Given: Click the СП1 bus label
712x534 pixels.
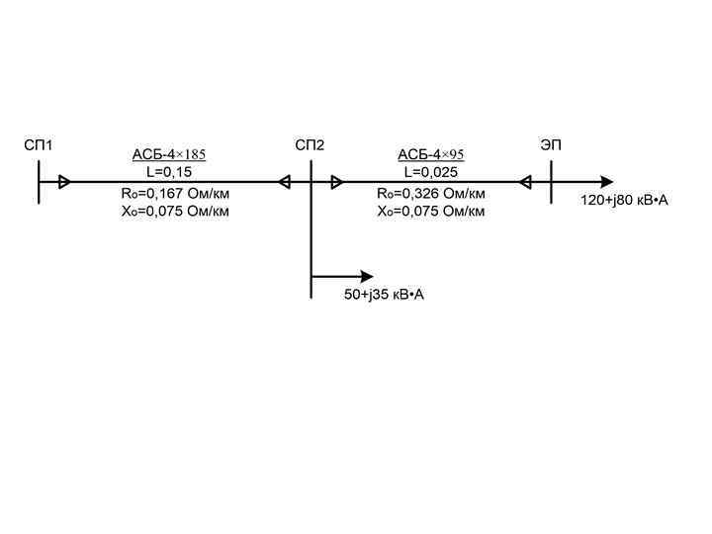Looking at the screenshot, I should [38, 146].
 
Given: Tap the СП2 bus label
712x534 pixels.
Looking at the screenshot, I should [310, 146].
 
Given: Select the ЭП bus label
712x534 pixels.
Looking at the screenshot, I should [551, 146].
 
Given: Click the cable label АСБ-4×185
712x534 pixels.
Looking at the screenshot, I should [169, 155].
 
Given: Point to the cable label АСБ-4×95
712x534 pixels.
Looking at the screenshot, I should [431, 155].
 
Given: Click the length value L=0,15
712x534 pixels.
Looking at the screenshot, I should [169, 172].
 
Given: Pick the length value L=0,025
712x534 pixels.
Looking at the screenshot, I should [431, 172].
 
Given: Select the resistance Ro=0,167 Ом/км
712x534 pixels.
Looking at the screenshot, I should [175, 194].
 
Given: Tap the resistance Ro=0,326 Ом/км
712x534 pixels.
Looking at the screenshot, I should [431, 194].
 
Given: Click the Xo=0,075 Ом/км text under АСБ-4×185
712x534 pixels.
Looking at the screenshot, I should [175, 211].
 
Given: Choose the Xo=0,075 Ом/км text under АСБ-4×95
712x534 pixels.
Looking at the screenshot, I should [431, 211].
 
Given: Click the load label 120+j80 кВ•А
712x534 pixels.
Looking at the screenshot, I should [624, 201].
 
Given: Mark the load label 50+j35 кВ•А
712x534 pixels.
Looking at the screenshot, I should [384, 295].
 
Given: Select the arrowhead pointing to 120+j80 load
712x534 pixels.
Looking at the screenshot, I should [606, 182].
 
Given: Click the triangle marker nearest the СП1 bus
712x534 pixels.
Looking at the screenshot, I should [64, 182].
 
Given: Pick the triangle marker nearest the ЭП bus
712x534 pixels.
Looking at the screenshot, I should [525, 182].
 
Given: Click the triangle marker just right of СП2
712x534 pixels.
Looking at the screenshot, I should [337, 182].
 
